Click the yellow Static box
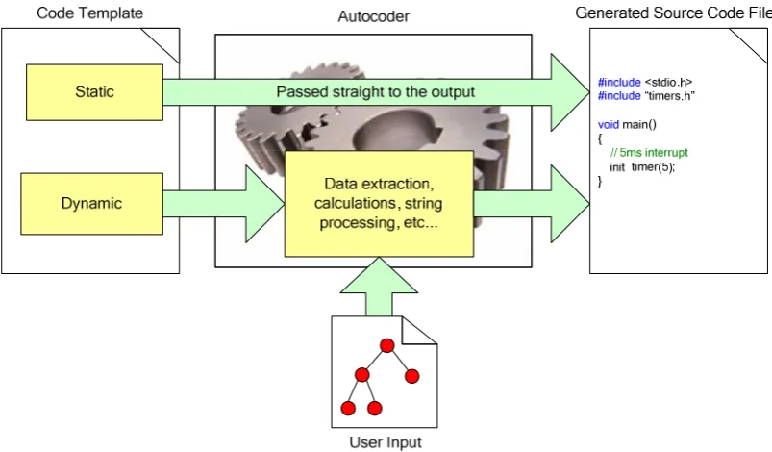(94, 92)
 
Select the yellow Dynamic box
(91, 203)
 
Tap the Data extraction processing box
(379, 203)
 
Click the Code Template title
(90, 13)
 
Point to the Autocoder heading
(373, 16)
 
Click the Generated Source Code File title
(674, 13)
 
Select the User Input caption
(386, 442)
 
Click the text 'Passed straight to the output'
(375, 91)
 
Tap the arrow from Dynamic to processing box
(224, 204)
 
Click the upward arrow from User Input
(379, 287)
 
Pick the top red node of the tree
(387, 345)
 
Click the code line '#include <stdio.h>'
(645, 83)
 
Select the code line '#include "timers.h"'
(646, 95)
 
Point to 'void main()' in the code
(627, 124)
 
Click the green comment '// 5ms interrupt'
(649, 153)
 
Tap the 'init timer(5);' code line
(642, 167)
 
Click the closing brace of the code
(600, 181)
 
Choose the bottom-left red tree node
(348, 408)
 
